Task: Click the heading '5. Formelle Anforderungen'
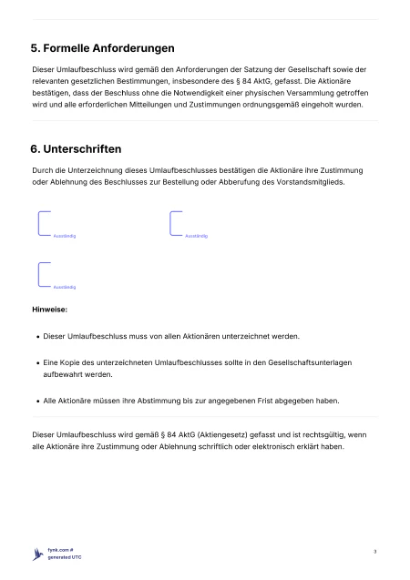103,46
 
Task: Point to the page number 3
374,552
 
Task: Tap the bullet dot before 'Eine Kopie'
37,363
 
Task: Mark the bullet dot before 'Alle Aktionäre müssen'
37,400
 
